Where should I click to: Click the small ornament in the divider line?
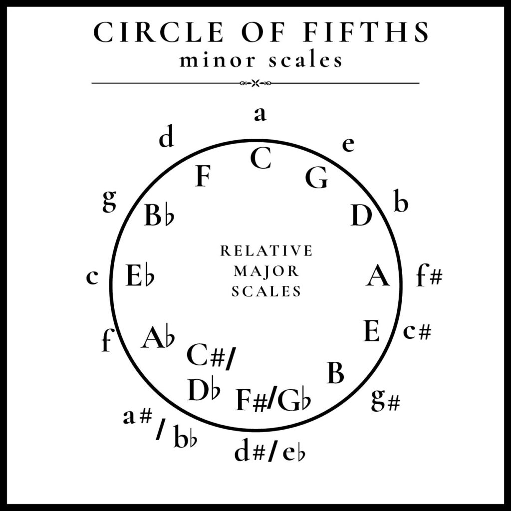(255, 83)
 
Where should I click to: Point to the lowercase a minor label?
(260, 114)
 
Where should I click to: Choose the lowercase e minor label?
(348, 144)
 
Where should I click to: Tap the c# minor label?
(417, 331)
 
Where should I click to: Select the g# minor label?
(385, 400)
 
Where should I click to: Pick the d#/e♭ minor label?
(270, 451)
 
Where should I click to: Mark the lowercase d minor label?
(167, 138)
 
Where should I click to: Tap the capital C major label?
(260, 159)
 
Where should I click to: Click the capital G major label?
(316, 178)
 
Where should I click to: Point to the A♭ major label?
(158, 337)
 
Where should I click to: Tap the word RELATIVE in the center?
(266, 251)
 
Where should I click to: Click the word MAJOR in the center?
(266, 271)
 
